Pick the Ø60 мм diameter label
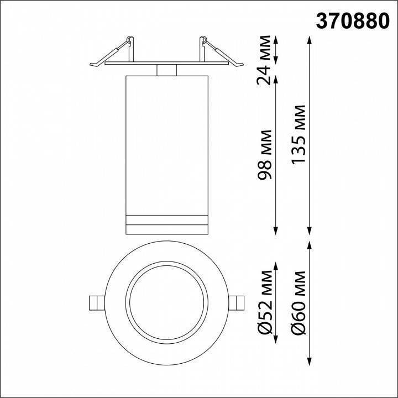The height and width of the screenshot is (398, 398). coord(300,302)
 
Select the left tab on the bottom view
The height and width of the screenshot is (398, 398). coord(96,303)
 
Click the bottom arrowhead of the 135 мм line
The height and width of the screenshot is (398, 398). coord(309,233)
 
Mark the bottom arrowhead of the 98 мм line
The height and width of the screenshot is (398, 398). coord(276,233)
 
